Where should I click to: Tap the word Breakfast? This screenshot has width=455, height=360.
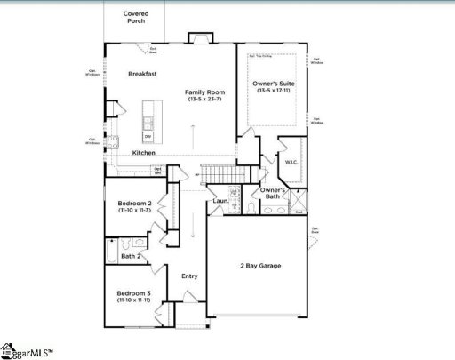coord(142,74)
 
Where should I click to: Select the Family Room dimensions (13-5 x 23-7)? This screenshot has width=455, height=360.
coord(204,100)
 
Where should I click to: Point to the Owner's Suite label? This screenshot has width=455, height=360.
coord(274,83)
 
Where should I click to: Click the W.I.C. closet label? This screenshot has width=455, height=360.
coord(291,161)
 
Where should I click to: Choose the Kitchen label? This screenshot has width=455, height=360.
coord(144,153)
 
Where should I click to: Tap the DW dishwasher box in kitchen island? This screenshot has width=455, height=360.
coord(148,136)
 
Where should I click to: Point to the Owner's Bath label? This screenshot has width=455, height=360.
coord(272,193)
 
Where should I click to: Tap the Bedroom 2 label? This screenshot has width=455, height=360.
coord(136,204)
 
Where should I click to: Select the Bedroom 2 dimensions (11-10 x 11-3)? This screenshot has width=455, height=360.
coord(136,212)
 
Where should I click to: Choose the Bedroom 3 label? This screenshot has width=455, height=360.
coord(135,292)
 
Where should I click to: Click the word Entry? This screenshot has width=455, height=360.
coord(189,276)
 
